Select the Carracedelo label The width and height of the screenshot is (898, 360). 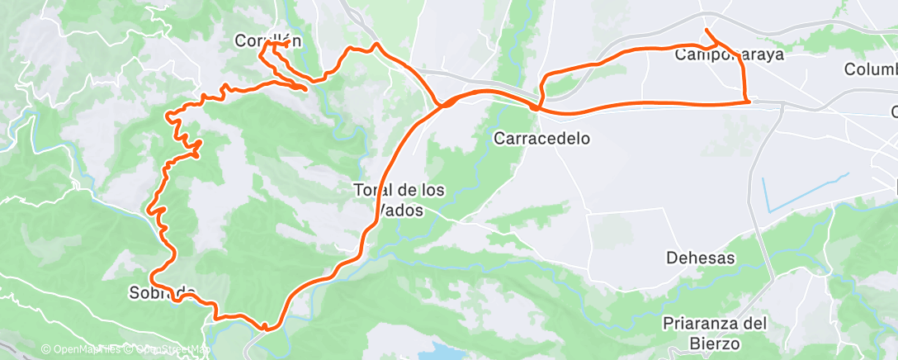coord(541,139)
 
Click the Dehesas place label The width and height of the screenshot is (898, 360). coord(700,258)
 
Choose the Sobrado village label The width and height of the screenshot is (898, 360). coord(162,291)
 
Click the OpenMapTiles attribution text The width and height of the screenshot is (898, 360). coord(80,349)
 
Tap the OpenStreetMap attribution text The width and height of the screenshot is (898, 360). coord(172,349)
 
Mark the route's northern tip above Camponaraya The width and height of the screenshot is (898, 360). coord(707,31)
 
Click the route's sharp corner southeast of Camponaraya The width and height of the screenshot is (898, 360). coord(748,102)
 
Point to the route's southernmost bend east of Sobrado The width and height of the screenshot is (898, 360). coord(266,329)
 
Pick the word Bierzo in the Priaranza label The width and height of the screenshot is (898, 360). coord(716,343)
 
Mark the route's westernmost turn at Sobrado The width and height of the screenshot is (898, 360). coord(152,273)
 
